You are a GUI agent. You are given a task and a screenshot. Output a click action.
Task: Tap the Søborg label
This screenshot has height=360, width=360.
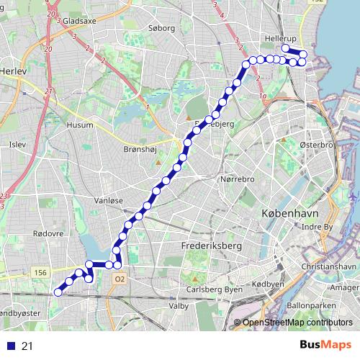coord(161,29)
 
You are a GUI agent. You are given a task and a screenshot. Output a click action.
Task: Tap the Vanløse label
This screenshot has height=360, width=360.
coord(110,202)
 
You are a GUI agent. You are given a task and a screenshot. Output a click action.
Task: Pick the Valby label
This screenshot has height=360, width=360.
coord(178,306)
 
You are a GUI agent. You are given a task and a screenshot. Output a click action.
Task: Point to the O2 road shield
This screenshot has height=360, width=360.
coord(120,279)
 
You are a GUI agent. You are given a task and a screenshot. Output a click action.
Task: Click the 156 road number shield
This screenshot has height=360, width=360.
coord(40,272)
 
